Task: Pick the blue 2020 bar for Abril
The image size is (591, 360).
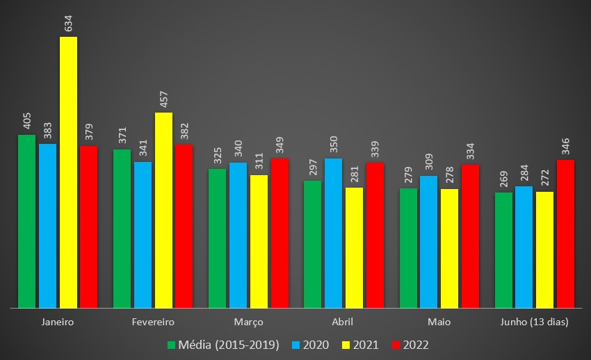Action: point(333,233)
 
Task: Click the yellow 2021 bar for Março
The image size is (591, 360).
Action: point(259,241)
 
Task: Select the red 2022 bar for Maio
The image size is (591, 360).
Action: point(470,236)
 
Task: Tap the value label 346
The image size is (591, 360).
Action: point(565,147)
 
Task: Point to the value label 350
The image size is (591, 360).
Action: point(333,144)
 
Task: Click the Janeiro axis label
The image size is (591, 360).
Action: point(58,322)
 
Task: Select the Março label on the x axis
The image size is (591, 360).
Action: point(248,322)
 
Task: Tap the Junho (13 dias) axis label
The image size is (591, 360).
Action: point(534,322)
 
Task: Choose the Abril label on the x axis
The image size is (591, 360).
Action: point(343,322)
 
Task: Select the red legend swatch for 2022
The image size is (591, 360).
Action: point(397,345)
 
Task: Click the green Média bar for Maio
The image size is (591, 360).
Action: point(408,247)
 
